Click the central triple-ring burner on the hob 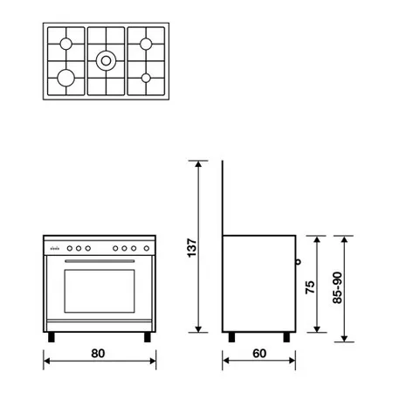[x=106, y=61]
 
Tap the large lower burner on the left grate [x=66, y=78]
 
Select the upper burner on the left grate [x=66, y=44]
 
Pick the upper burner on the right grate [x=146, y=44]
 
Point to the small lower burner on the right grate [x=146, y=78]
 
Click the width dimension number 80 [x=98, y=354]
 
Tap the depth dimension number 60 [x=259, y=354]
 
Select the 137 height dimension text [x=192, y=248]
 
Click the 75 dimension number [x=310, y=287]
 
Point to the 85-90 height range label [x=337, y=287]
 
